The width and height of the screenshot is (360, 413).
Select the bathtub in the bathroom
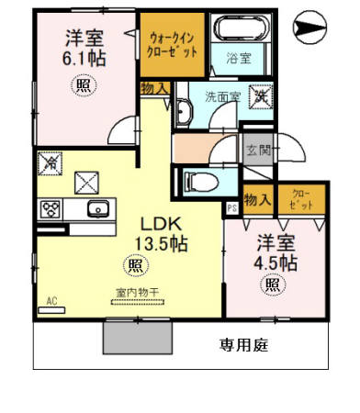[x=239, y=29]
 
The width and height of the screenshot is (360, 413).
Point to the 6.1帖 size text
[x=82, y=59]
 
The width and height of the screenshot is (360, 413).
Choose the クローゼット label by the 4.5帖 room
[x=301, y=199]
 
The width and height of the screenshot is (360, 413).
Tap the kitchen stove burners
[x=50, y=208]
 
